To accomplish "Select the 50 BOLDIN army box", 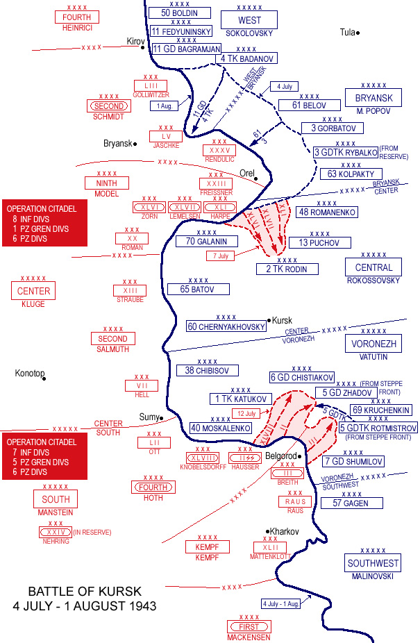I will [x=184, y=12].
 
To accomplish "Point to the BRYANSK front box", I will [x=373, y=98].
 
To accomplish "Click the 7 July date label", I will [x=220, y=256].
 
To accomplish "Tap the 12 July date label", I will [x=247, y=413].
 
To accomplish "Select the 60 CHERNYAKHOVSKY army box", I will [x=226, y=326].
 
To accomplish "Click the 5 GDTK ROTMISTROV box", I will [x=378, y=428].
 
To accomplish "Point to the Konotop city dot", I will [x=43, y=378].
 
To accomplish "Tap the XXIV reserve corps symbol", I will [x=56, y=533].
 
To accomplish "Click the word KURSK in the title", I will [x=119, y=592].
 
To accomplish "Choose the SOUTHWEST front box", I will [x=373, y=563].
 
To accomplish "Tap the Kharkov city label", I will [x=284, y=531].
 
